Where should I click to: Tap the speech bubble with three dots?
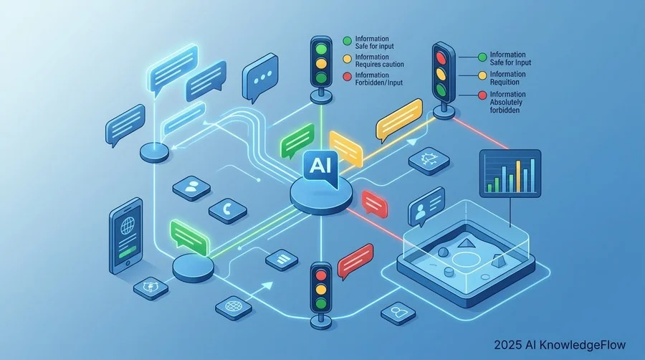tap(260, 77)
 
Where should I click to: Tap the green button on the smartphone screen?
tap(128, 251)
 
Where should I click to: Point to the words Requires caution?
tap(379, 64)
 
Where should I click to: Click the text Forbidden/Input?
tap(379, 82)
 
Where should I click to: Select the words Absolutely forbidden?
tap(506, 106)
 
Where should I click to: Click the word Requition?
tap(505, 82)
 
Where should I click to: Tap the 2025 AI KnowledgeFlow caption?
tap(560, 344)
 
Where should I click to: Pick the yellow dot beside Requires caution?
tap(347, 59)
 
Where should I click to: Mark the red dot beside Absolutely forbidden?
tap(482, 95)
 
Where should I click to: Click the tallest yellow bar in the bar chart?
tap(518, 176)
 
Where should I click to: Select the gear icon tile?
tap(429, 161)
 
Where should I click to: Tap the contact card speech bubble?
tap(426, 206)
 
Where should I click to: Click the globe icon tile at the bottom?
tap(234, 307)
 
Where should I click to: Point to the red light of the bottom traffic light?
tap(321, 275)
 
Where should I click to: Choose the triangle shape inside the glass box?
tap(465, 242)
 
